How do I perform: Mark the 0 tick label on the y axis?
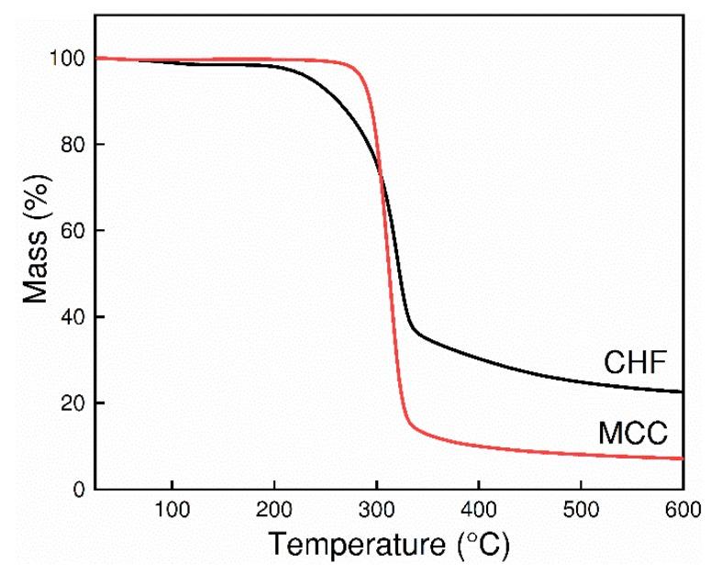pos(79,490)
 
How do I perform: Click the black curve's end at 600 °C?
pos(682,392)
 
